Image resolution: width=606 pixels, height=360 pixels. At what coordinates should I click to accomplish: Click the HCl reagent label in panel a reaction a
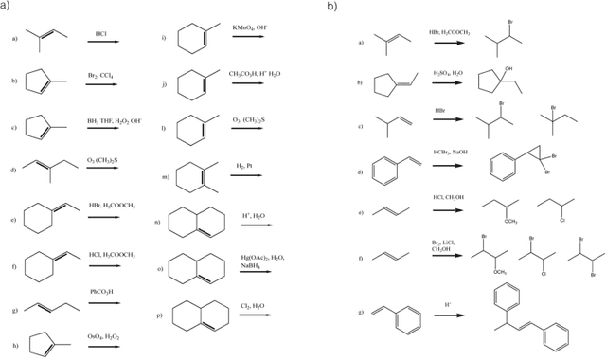(100, 34)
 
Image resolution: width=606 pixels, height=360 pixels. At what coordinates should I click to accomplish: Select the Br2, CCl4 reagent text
(101, 73)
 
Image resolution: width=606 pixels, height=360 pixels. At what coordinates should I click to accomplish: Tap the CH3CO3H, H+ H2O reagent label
(255, 73)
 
